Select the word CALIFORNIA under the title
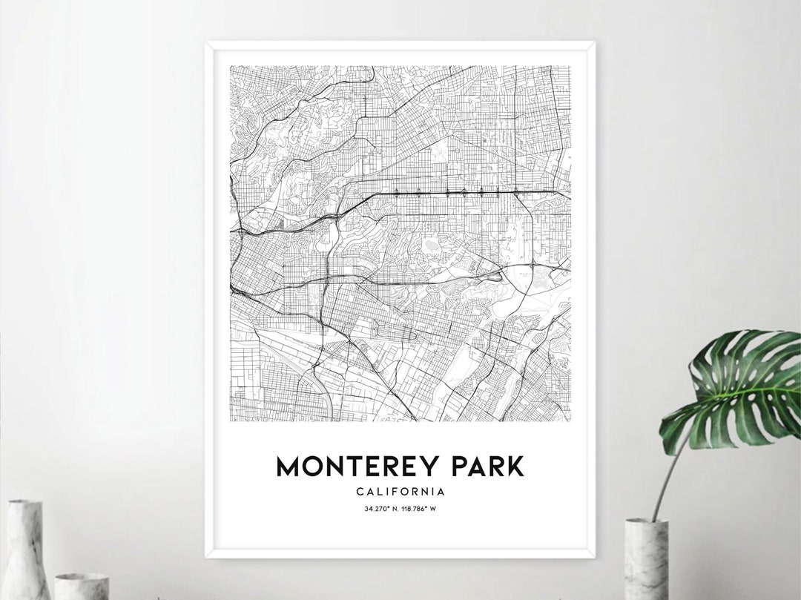pyautogui.click(x=400, y=491)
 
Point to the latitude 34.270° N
pyautogui.click(x=381, y=509)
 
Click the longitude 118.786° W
pyautogui.click(x=419, y=509)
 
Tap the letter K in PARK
pyautogui.click(x=515, y=467)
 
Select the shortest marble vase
pyautogui.click(x=82, y=586)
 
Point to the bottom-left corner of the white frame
pyautogui.click(x=208, y=556)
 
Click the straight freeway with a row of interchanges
pyautogui.click(x=460, y=193)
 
